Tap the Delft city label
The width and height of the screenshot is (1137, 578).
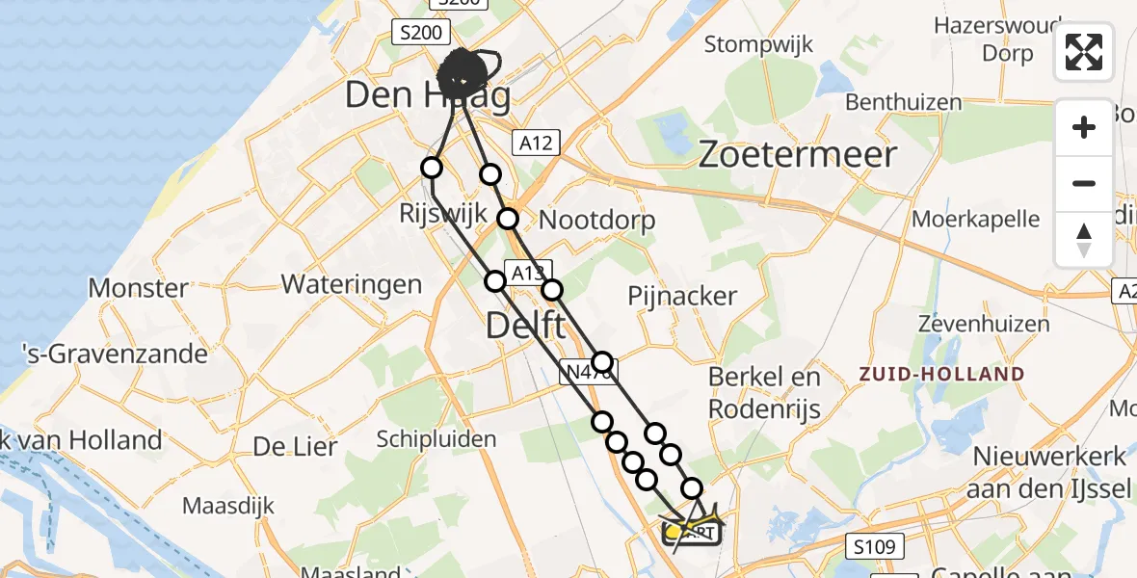(x=525, y=325)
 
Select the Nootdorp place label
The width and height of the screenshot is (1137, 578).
(x=596, y=220)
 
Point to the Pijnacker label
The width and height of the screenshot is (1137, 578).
(x=682, y=296)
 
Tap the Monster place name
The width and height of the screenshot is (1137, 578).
(x=138, y=287)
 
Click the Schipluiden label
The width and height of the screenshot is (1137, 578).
(x=436, y=439)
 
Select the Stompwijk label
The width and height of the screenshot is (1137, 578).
(x=759, y=44)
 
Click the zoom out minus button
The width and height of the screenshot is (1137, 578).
(x=1084, y=183)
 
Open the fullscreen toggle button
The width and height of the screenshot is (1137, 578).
(x=1084, y=52)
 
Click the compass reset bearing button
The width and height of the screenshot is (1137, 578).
(x=1084, y=239)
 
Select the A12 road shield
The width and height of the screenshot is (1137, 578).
(x=536, y=143)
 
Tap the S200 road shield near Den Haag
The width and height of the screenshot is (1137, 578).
(x=421, y=33)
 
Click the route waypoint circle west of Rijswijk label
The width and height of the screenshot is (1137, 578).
(x=432, y=168)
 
